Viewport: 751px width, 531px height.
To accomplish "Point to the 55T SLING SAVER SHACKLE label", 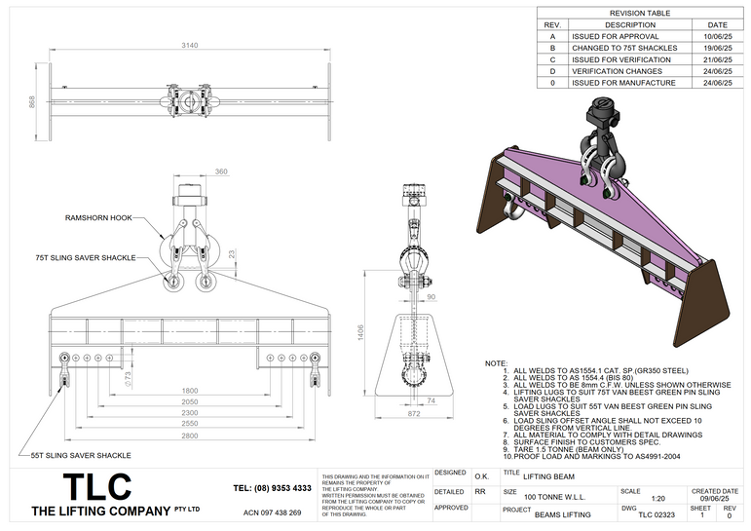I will pyautogui.click(x=80, y=455).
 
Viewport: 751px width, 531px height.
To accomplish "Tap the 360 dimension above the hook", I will pyautogui.click(x=220, y=171).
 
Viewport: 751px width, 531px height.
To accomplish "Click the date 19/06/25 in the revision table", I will pyautogui.click(x=717, y=48).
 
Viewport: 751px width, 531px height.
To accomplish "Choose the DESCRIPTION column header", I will pyautogui.click(x=630, y=24).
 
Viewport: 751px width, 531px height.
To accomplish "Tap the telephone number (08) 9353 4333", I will pyautogui.click(x=273, y=487).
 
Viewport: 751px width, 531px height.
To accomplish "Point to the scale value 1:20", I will pyautogui.click(x=630, y=497).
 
